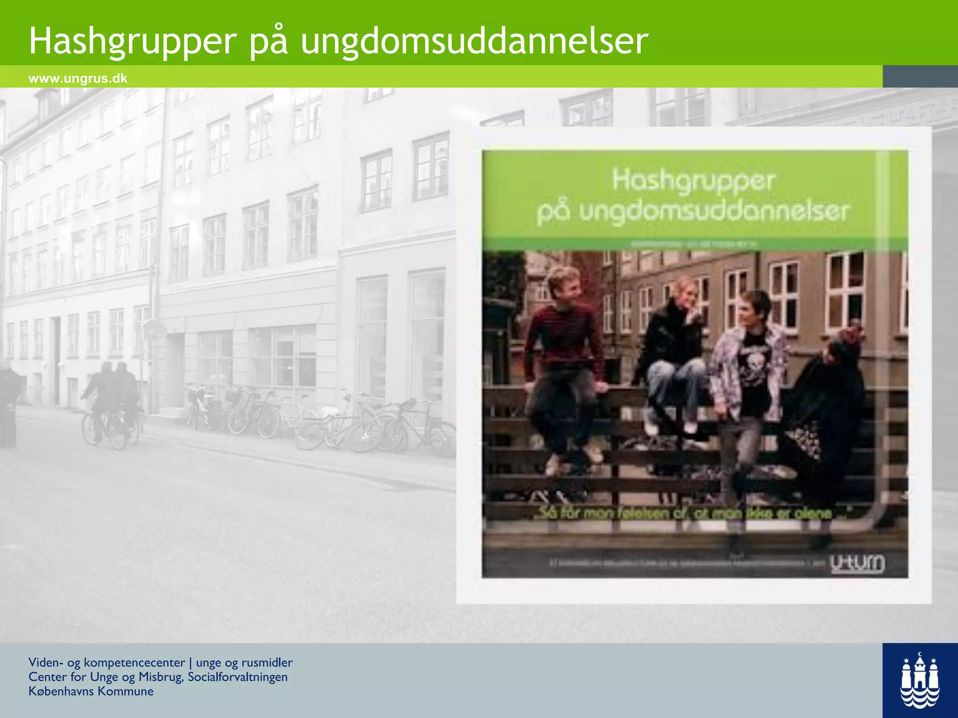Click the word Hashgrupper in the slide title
133,41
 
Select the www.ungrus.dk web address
78,78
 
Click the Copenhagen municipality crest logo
920,681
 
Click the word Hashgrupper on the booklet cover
694,181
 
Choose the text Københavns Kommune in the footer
91,691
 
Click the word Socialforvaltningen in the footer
238,677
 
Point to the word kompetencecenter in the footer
134,662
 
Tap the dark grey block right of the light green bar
920,76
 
